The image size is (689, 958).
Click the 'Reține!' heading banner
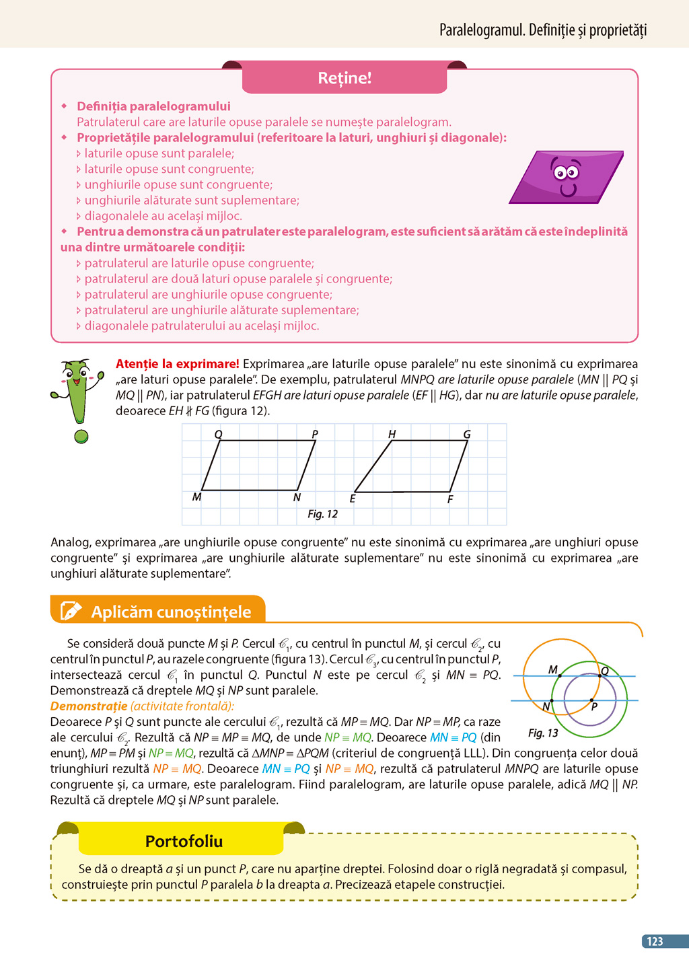click(x=344, y=78)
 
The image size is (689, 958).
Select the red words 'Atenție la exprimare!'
click(x=178, y=364)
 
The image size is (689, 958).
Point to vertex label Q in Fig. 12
click(x=218, y=434)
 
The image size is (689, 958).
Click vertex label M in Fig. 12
click(x=196, y=497)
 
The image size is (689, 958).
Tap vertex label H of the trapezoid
click(x=392, y=434)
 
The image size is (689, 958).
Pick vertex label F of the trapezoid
click(x=450, y=499)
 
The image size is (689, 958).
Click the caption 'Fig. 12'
click(x=322, y=514)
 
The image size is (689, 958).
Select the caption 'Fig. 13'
click(x=543, y=733)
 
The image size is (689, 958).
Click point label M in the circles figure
click(x=552, y=669)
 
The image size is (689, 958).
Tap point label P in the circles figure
click(x=594, y=706)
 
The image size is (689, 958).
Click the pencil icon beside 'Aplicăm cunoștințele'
click(x=71, y=611)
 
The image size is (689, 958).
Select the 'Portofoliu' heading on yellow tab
click(x=184, y=841)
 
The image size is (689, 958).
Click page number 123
click(x=655, y=941)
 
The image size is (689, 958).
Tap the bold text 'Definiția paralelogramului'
click(x=153, y=106)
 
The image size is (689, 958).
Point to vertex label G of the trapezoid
click(x=467, y=434)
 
